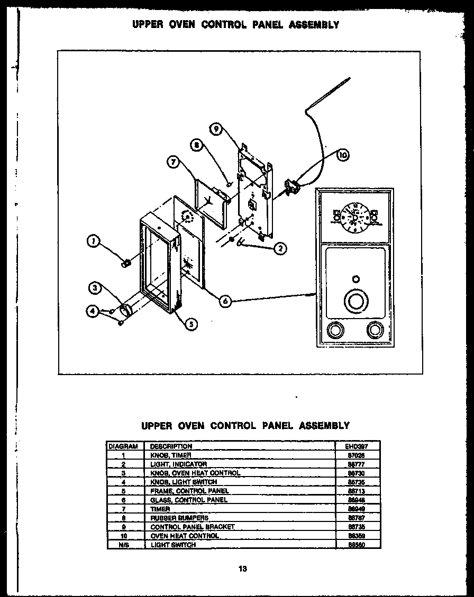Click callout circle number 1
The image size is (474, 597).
coord(93,242)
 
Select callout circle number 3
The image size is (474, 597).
coord(95,288)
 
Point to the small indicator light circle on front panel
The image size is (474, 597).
coord(355,279)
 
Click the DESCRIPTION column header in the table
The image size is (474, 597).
coord(171,446)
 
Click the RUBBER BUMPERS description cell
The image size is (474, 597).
coord(179,518)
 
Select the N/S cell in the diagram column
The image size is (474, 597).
coord(123,545)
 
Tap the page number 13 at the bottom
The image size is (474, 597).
coord(243,569)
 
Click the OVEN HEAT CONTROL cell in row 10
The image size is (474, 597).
coord(185,536)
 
